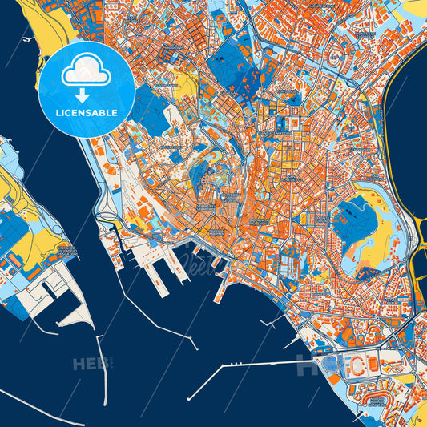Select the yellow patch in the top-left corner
click(32, 24)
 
